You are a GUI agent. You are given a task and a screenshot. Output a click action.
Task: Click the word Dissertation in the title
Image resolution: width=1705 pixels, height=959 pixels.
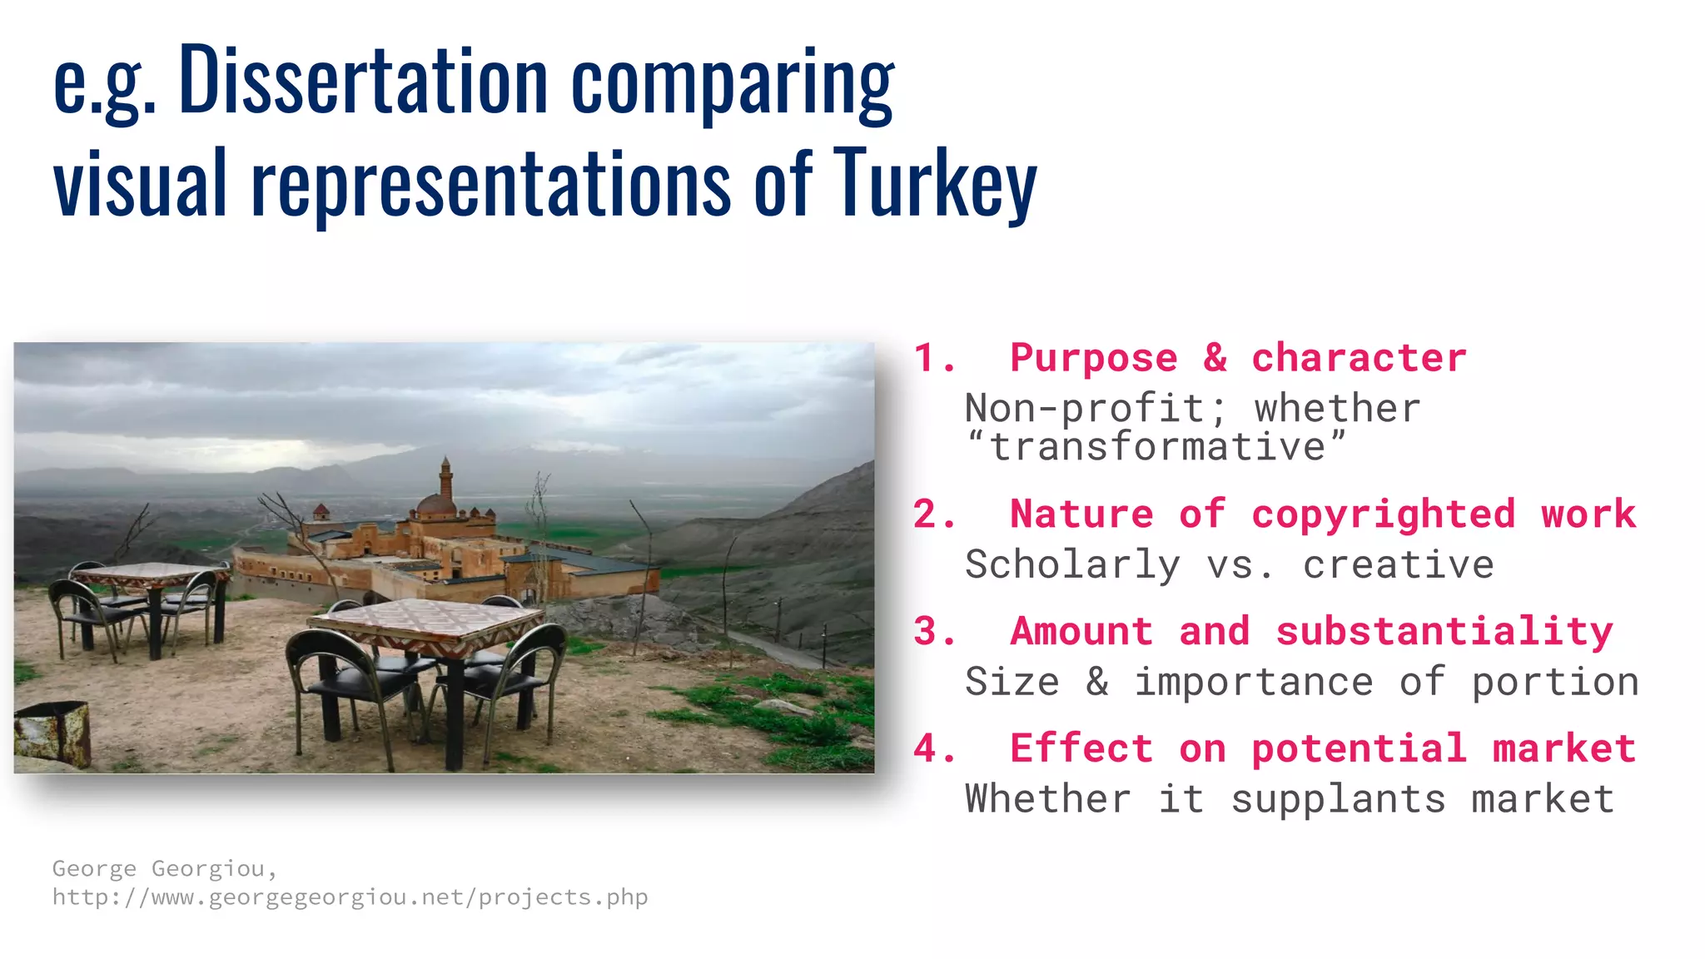[363, 81]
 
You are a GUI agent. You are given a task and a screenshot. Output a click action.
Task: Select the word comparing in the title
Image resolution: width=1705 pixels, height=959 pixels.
[733, 83]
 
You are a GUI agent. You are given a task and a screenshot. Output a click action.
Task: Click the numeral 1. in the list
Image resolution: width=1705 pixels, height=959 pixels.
[934, 358]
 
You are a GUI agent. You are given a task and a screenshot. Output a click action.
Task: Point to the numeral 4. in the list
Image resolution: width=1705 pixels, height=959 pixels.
[934, 748]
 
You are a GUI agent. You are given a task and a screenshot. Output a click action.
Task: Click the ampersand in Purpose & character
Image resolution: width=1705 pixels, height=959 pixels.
[1215, 358]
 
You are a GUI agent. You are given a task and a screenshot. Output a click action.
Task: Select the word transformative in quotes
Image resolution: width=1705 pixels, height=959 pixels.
[1157, 447]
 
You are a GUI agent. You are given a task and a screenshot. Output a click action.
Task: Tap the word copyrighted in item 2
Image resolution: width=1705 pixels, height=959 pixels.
[1383, 514]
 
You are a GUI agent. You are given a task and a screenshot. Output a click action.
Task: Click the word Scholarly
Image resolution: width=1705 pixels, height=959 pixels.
[1072, 565]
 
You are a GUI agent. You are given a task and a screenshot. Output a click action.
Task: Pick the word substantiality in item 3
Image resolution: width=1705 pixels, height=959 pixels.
[1444, 631]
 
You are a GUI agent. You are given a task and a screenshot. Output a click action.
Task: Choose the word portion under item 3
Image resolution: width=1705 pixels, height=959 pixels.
[1555, 683]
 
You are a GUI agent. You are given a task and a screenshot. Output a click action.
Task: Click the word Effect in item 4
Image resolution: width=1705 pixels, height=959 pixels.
[1081, 748]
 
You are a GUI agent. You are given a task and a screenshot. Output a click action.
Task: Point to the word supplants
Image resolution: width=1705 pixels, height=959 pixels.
[1338, 799]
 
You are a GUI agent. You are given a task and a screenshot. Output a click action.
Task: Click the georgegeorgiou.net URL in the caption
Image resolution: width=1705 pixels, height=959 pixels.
[350, 897]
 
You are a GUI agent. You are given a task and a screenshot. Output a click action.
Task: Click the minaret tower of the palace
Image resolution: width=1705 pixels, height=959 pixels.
[446, 479]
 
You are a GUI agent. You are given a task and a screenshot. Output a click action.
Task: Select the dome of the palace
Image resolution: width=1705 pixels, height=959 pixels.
[435, 504]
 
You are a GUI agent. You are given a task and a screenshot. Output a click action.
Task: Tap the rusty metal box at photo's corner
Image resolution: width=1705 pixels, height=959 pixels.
[53, 733]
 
